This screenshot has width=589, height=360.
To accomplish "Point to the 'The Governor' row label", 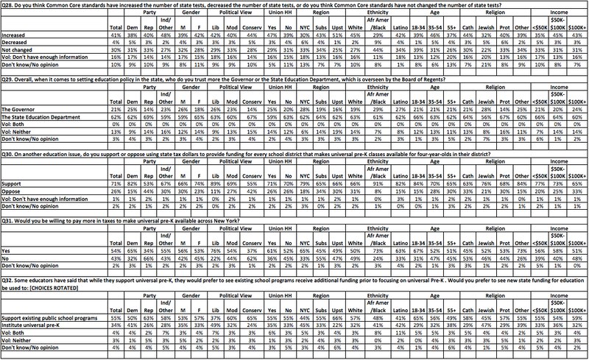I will click(22, 107).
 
